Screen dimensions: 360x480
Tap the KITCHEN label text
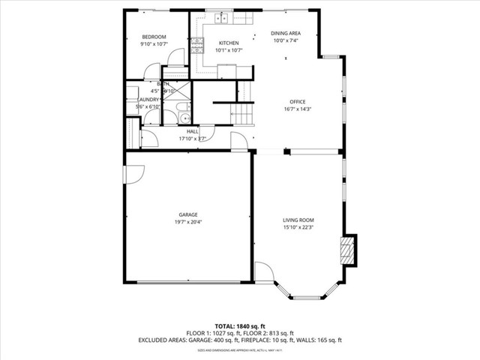(x=228, y=43)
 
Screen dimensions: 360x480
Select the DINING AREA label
(x=286, y=34)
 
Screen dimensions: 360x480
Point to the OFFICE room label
(x=298, y=101)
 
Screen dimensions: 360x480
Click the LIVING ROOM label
(x=298, y=220)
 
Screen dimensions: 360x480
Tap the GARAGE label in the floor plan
(x=187, y=214)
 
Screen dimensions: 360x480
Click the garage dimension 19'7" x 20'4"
(x=187, y=222)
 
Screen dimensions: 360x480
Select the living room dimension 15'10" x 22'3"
(x=298, y=227)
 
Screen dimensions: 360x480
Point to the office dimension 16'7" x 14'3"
(x=298, y=109)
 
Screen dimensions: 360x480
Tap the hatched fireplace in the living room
(x=346, y=249)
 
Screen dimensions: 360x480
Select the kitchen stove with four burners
(x=196, y=46)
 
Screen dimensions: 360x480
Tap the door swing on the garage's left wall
(x=133, y=174)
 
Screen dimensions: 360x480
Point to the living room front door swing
(x=264, y=271)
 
